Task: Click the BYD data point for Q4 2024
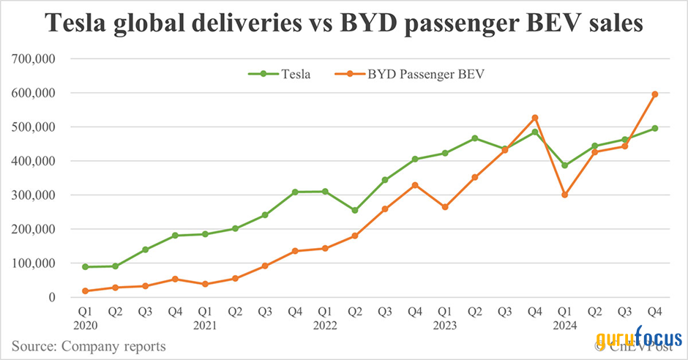[654, 94]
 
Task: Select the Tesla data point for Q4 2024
[654, 128]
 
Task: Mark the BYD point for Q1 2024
[564, 195]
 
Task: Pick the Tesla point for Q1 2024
[564, 165]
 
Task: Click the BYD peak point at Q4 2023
[535, 118]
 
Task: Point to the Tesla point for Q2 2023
[475, 138]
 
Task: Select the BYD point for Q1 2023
[445, 207]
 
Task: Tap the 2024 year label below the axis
[564, 323]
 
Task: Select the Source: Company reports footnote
[88, 345]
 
